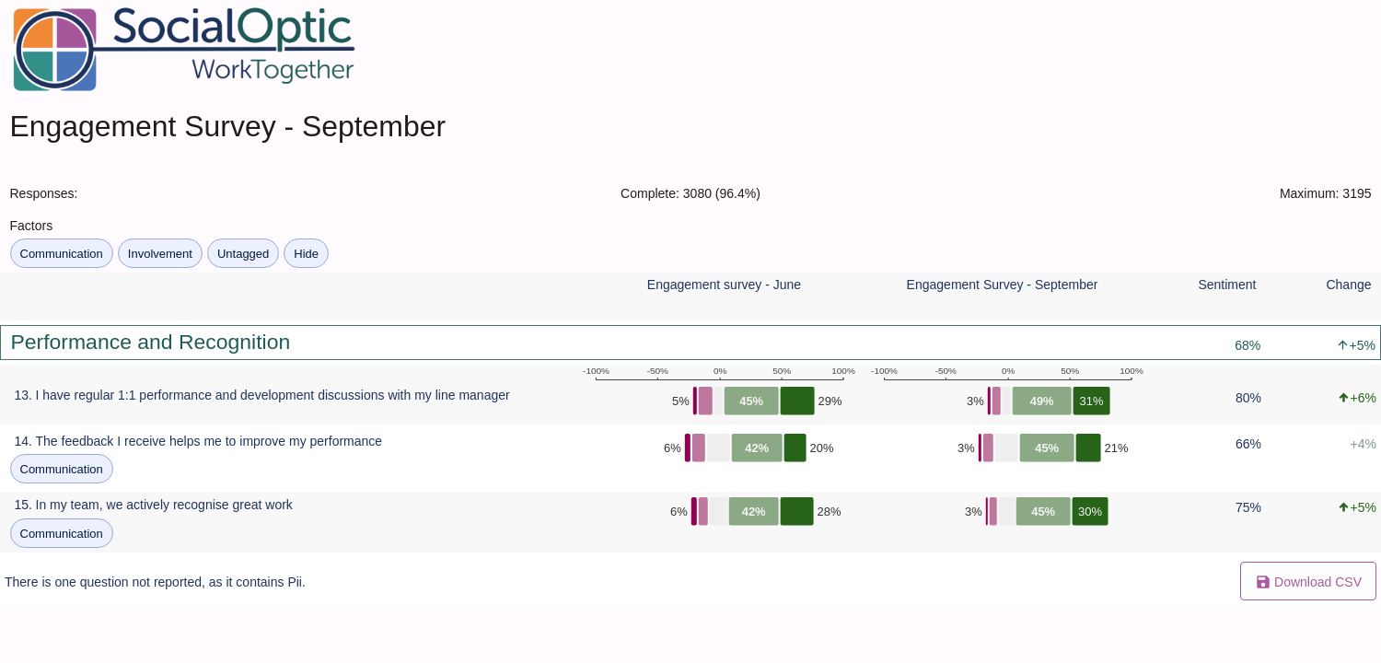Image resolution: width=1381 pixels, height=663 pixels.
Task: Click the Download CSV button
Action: [1307, 581]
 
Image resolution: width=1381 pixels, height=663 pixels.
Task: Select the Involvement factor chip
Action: [159, 253]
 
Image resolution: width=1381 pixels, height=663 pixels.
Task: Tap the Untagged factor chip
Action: [243, 253]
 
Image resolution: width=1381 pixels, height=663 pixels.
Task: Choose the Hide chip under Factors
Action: [306, 253]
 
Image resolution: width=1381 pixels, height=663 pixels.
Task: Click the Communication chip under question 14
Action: [61, 469]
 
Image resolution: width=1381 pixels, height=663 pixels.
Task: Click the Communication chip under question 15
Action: [61, 533]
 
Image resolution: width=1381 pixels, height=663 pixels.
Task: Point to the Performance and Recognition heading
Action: [150, 343]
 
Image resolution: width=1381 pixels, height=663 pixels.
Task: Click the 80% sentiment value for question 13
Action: [1248, 399]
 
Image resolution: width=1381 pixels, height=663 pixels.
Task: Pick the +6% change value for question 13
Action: [1357, 399]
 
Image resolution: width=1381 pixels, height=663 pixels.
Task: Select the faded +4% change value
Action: [1363, 444]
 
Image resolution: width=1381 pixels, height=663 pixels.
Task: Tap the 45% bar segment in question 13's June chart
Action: [751, 401]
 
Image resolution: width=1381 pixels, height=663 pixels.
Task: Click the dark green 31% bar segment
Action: [1091, 401]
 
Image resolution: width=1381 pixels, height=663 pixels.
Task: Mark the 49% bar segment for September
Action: [1041, 401]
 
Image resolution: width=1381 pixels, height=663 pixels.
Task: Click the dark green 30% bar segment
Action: [1090, 511]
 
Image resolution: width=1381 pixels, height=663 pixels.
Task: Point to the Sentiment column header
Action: [1227, 285]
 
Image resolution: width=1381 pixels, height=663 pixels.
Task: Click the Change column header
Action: [1349, 285]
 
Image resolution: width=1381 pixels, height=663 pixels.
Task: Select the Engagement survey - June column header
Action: [724, 285]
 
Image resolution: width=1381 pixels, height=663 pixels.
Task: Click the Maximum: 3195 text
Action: [1325, 193]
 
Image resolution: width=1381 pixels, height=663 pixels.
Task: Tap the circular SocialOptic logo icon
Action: [55, 50]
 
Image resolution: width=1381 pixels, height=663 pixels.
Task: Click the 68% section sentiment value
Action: [1248, 345]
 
